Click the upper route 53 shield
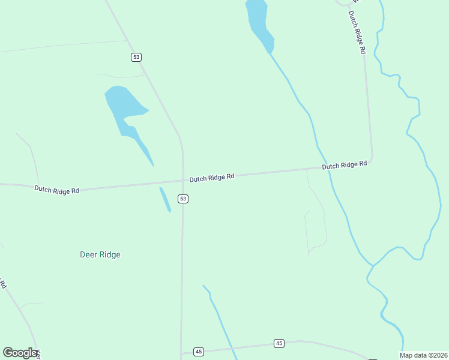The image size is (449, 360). pyautogui.click(x=137, y=57)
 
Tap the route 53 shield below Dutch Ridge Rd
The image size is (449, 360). pyautogui.click(x=183, y=199)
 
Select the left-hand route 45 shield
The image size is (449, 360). pyautogui.click(x=199, y=352)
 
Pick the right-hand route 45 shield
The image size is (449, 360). pyautogui.click(x=279, y=343)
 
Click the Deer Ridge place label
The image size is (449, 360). pyautogui.click(x=100, y=254)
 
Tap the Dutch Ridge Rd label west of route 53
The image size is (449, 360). pyautogui.click(x=57, y=190)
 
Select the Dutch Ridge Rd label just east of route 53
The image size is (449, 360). pyautogui.click(x=212, y=178)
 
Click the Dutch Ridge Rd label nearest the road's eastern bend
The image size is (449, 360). pyautogui.click(x=345, y=165)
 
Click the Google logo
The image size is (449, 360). pyautogui.click(x=20, y=353)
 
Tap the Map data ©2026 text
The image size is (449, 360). pyautogui.click(x=423, y=355)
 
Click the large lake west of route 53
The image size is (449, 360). pyautogui.click(x=123, y=108)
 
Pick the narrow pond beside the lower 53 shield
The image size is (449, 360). pyautogui.click(x=164, y=199)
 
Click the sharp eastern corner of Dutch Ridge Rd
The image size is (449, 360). pyautogui.click(x=372, y=159)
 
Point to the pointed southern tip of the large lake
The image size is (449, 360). pyautogui.click(x=153, y=166)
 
